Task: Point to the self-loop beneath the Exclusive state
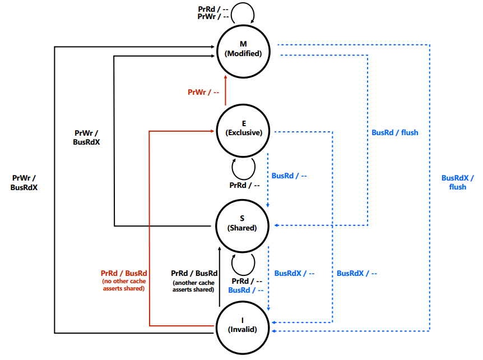coord(243,167)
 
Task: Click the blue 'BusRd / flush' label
coord(395,133)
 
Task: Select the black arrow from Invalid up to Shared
coord(219,275)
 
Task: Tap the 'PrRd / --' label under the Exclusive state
coord(244,185)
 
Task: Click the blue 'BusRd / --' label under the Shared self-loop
coord(245,290)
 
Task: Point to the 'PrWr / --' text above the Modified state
coord(213,17)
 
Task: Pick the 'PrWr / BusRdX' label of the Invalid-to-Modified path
coord(24,183)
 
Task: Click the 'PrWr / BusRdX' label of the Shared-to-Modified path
coord(86,138)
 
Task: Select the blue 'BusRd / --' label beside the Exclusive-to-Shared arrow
coord(289,176)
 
